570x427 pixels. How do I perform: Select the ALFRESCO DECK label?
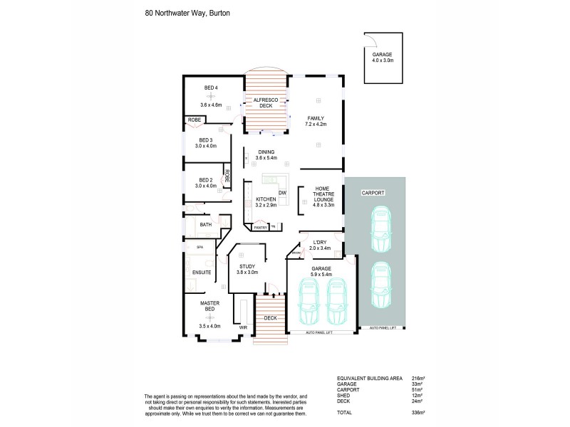pyautogui.click(x=266, y=102)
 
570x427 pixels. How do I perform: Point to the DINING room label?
pyautogui.click(x=266, y=155)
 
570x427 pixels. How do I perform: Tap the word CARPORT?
pyautogui.click(x=374, y=192)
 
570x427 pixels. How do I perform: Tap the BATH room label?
pyautogui.click(x=205, y=225)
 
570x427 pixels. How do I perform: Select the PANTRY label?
pyautogui.click(x=260, y=227)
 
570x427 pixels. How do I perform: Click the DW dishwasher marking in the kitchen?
pyautogui.click(x=282, y=193)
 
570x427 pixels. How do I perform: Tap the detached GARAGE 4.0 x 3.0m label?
pyautogui.click(x=382, y=58)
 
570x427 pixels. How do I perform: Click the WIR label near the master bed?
pyautogui.click(x=243, y=328)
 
